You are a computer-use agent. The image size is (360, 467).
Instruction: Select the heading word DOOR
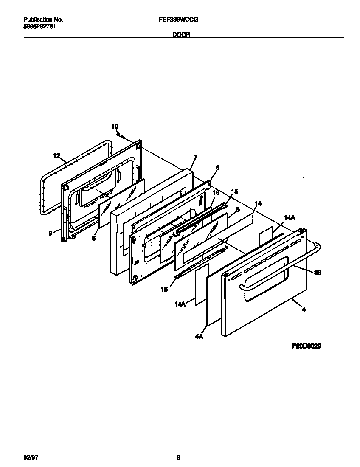click(180, 36)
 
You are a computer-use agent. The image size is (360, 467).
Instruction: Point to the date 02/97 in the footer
click(29, 458)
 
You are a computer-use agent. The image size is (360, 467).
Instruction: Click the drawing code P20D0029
click(306, 346)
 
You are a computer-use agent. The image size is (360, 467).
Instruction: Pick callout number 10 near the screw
click(115, 126)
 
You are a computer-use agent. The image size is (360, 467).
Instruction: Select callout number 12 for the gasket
click(57, 156)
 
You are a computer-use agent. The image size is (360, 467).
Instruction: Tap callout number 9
click(51, 232)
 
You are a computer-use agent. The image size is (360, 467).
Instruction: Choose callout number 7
click(195, 157)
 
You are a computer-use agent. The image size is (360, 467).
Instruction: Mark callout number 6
click(217, 168)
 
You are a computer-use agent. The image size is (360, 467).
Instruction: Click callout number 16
click(216, 193)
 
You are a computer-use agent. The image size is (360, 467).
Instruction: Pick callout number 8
click(94, 239)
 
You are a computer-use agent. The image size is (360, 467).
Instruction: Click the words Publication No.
click(43, 20)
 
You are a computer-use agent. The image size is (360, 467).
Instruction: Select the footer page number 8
click(178, 458)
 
